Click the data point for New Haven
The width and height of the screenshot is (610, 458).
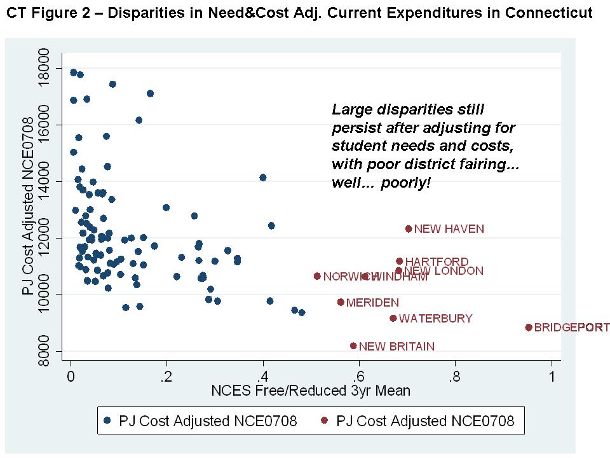(x=409, y=229)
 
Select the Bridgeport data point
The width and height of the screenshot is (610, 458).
(x=529, y=328)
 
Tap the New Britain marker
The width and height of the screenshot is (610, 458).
(x=353, y=346)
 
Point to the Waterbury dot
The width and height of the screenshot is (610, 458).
(x=393, y=318)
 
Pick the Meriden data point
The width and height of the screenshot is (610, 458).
(x=341, y=302)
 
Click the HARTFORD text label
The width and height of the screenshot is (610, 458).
(x=437, y=262)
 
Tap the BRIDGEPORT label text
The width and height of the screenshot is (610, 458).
(x=571, y=328)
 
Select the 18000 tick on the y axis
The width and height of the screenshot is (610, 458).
(x=43, y=69)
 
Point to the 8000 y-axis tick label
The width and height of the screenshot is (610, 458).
(x=43, y=351)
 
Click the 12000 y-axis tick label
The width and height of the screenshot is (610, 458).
(x=43, y=238)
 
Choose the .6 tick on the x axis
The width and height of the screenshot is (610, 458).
(x=359, y=376)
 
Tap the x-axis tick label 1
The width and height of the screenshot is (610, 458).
(x=552, y=376)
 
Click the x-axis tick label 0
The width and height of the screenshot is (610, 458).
(x=71, y=376)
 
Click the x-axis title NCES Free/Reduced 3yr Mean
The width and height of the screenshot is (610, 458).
(x=311, y=391)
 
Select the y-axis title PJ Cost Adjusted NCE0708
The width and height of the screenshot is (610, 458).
(x=27, y=205)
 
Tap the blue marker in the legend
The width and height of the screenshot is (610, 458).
(x=107, y=420)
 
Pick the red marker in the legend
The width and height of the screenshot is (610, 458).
(x=324, y=420)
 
